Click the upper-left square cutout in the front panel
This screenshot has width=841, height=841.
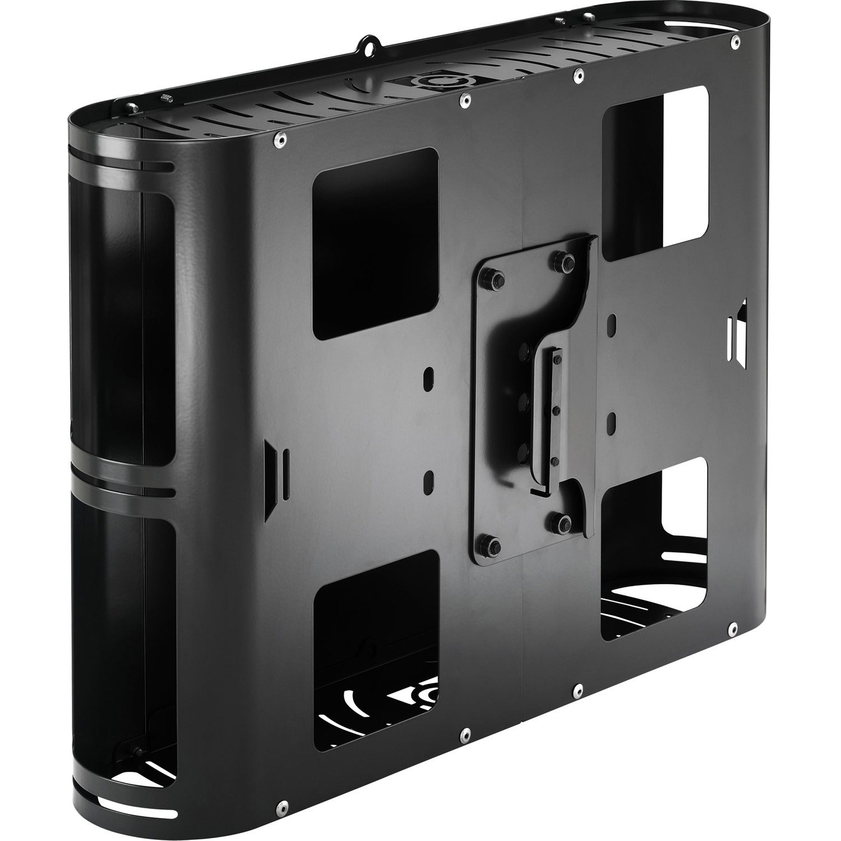tap(375, 243)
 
